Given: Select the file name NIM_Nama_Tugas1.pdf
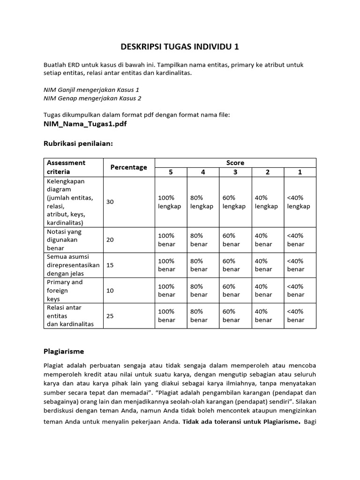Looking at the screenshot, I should pos(85,124).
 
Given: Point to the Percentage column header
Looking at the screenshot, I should pos(128,167).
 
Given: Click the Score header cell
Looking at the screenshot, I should pos(235,163).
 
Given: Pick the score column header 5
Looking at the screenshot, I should pos(171,172).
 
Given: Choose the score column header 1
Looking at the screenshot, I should pos(300,172).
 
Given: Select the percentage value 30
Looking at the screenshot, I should pos(110,202).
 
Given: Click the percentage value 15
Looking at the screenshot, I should pos(110,265).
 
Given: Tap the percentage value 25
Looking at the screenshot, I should pos(110,315).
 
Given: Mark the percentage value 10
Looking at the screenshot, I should pos(110,290).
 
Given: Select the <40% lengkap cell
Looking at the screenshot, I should pos(299,202).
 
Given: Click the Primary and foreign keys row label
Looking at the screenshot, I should pos(64,290).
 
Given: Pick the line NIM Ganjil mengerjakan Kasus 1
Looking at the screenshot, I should pos(91,90).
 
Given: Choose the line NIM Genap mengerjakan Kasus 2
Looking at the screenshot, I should pos(92,98).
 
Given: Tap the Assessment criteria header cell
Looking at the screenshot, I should pos(66,167).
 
